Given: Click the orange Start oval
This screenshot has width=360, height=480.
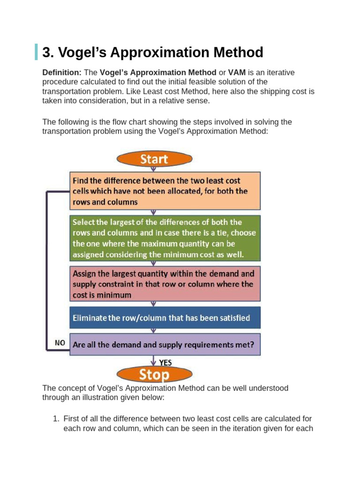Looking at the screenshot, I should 153,158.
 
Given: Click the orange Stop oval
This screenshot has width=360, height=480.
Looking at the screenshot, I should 153,375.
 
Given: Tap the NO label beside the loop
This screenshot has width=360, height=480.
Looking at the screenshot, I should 60,343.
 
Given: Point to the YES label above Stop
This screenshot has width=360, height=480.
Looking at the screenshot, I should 165,362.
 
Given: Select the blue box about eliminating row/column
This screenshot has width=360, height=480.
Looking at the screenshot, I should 165,318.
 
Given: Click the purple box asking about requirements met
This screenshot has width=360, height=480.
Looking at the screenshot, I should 165,344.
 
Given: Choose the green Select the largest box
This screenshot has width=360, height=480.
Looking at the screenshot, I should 165,238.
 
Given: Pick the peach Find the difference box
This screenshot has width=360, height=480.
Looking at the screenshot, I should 165,191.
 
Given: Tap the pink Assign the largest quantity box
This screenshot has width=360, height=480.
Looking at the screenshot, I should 165,284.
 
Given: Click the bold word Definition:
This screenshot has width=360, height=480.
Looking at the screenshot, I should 62,73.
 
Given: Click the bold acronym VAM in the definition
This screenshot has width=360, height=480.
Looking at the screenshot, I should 237,73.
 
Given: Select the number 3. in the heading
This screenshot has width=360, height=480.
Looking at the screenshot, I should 48,52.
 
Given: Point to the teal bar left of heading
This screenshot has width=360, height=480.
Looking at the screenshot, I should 36,52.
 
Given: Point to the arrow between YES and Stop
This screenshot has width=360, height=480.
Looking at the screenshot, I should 153,362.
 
